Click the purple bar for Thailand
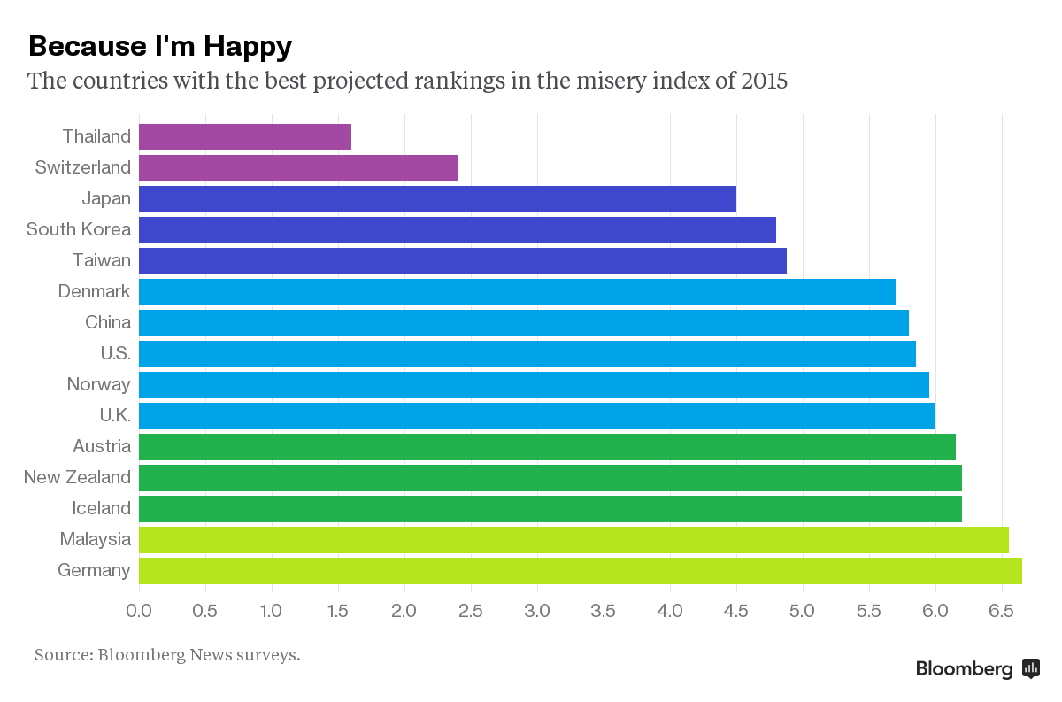[245, 137]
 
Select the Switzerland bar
[298, 168]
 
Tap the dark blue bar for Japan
[437, 199]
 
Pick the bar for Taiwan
[463, 261]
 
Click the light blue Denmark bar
[517, 292]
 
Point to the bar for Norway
[534, 385]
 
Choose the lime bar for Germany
[581, 571]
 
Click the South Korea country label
[79, 229]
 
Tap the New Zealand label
[77, 477]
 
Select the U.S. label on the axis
[115, 353]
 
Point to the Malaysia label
[95, 539]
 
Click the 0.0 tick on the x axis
[139, 611]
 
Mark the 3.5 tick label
[604, 611]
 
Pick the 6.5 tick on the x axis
[1001, 611]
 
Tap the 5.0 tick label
[803, 611]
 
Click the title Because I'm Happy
[159, 46]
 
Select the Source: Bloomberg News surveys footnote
[167, 655]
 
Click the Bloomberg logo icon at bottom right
[1030, 668]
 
